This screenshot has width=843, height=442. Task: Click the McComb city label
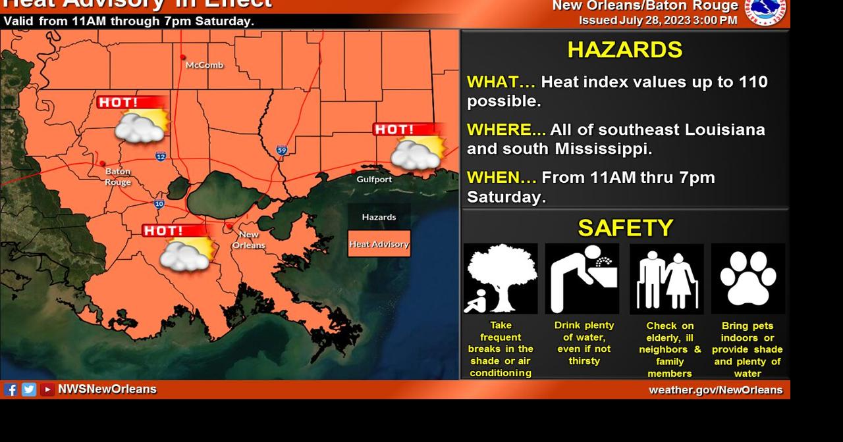pos(204,65)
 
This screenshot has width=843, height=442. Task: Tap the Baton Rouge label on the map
pos(118,177)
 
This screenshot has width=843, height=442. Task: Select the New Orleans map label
pos(248,240)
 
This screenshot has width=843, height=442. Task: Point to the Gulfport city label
pos(374,179)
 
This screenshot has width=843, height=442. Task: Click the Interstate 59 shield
pos(282,151)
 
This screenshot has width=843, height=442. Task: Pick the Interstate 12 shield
pos(161,156)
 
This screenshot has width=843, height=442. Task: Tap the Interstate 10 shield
pos(159,204)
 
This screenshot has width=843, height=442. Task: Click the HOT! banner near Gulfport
pos(403,130)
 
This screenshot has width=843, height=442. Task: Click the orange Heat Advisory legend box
pos(379,244)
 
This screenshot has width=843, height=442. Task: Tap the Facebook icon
pos(11,389)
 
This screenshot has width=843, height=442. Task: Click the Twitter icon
pos(29,389)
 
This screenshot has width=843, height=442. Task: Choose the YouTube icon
pos(47,389)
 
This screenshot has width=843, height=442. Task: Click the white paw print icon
pos(748,278)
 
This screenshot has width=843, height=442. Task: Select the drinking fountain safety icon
pos(582,278)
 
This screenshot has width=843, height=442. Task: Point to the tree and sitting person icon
pos(501,278)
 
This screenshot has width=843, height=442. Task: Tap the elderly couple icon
pos(666,279)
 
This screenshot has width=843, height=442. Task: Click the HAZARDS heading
pos(624,50)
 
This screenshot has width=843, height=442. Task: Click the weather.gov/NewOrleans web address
pos(716,390)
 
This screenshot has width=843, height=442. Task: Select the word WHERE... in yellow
pos(506,130)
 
